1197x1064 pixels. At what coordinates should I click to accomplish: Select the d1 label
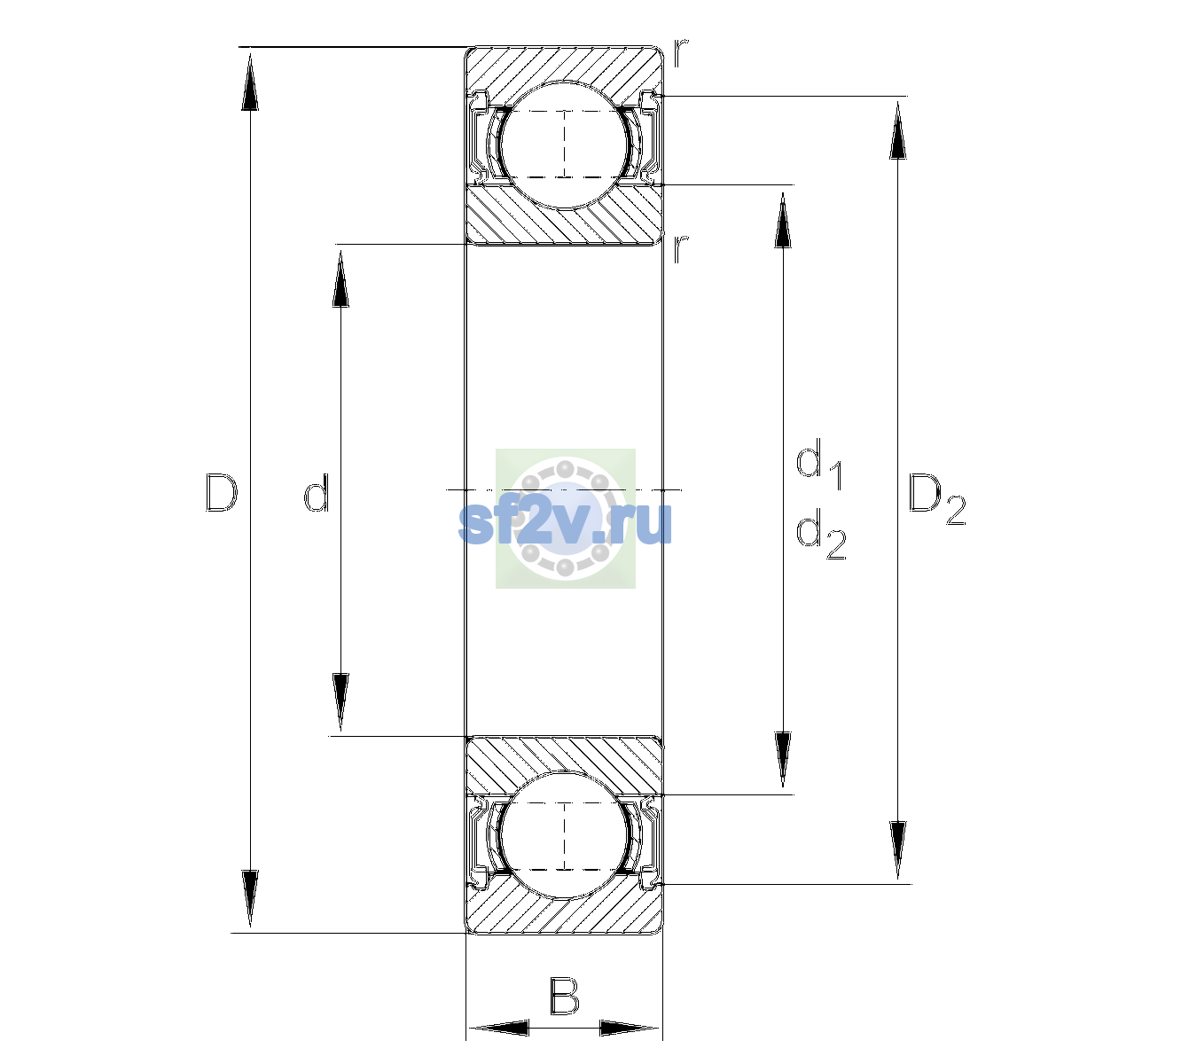(x=819, y=464)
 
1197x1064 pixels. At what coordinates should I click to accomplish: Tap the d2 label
(x=821, y=534)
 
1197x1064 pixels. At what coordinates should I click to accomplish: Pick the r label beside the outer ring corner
(x=681, y=52)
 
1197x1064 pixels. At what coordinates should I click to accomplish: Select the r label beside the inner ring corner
(x=681, y=248)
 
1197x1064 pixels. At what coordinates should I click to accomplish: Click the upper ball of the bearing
(x=564, y=145)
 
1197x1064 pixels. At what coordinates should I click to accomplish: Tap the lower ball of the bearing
(x=564, y=834)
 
